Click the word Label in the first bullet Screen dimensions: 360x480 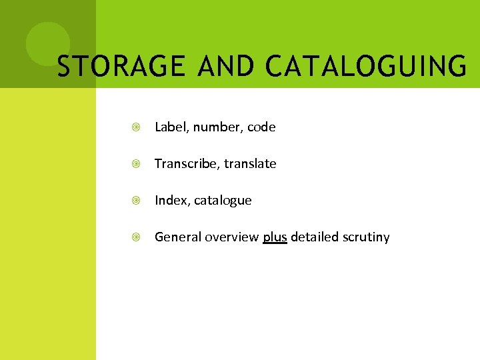[x=169, y=127]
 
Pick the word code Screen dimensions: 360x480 [x=261, y=127]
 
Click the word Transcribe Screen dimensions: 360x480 [x=185, y=163]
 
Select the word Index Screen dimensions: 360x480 [x=170, y=200]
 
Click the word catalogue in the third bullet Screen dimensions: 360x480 [x=223, y=201]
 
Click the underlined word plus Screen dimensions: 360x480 [x=275, y=237]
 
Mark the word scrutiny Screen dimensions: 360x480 [x=367, y=237]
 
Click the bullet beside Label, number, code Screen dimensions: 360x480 [x=136, y=127]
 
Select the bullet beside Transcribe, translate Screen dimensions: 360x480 [x=136, y=164]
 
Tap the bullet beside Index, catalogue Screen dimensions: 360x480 [x=136, y=201]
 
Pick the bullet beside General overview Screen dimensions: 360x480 [x=136, y=237]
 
